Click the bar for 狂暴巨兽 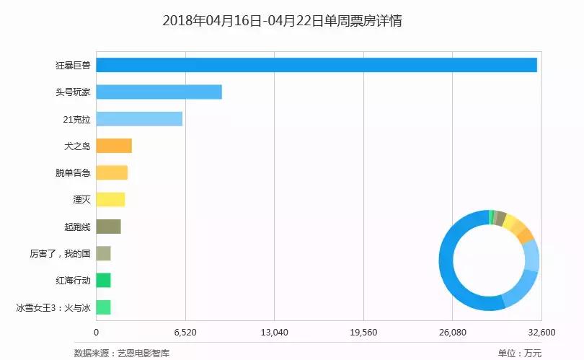click(x=317, y=65)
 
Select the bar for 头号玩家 click(x=159, y=92)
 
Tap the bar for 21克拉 click(x=139, y=119)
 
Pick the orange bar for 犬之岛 click(x=114, y=146)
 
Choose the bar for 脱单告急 click(x=112, y=172)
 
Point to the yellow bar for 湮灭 click(x=110, y=200)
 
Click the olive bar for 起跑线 click(x=108, y=227)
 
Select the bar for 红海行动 click(x=103, y=280)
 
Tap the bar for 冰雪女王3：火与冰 click(x=103, y=307)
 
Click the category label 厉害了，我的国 click(x=60, y=254)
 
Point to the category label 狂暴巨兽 click(x=73, y=66)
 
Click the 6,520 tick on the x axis click(x=185, y=333)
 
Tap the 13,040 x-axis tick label click(x=274, y=333)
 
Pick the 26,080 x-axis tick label click(x=452, y=333)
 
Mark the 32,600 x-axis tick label click(x=541, y=333)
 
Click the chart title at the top click(x=282, y=21)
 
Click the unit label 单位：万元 click(x=519, y=353)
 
